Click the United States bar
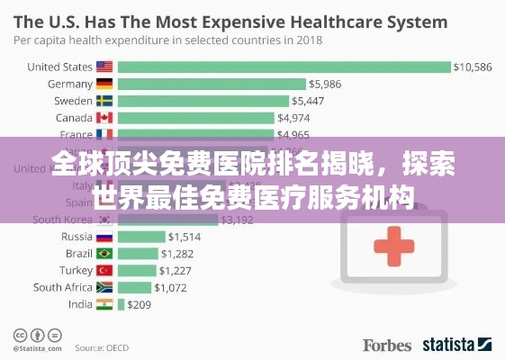click(x=284, y=67)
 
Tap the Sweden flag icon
click(x=104, y=101)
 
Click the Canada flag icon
click(x=104, y=118)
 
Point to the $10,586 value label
click(x=472, y=67)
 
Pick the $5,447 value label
click(x=311, y=101)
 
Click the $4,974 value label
click(x=294, y=118)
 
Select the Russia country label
click(x=76, y=236)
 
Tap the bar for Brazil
click(x=137, y=253)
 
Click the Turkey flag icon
click(x=104, y=270)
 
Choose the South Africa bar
click(x=134, y=287)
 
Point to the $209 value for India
click(x=139, y=304)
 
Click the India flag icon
click(x=104, y=304)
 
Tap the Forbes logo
click(x=387, y=345)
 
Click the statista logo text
click(x=450, y=345)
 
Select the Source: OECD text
click(x=101, y=346)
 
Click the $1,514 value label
click(x=185, y=236)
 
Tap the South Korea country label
click(x=62, y=219)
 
